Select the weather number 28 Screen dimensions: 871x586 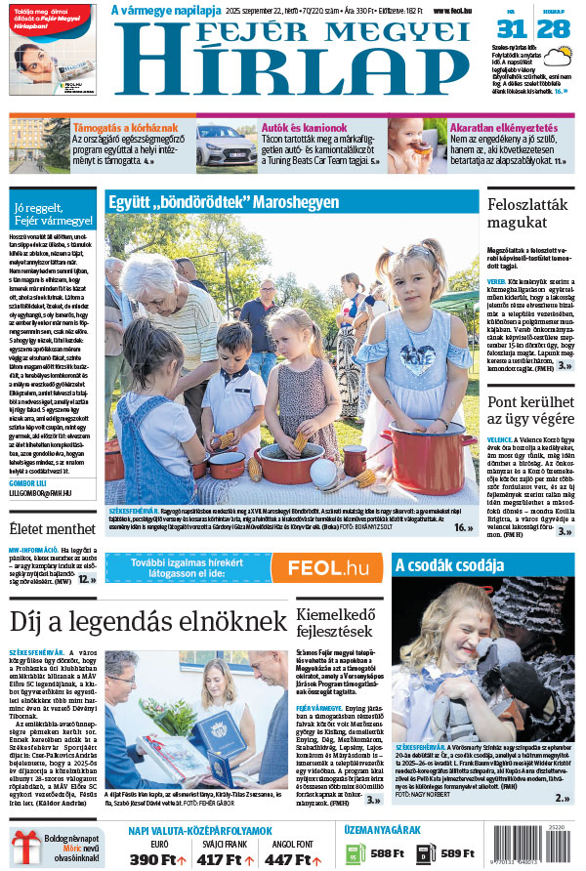click(554, 28)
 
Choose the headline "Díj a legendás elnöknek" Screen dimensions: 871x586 click(147, 621)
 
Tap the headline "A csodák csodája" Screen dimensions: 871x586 click(449, 564)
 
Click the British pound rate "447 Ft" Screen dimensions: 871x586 click(290, 859)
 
